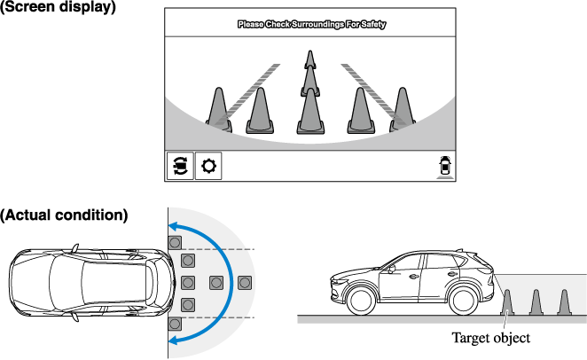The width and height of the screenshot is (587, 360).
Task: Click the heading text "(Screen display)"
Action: point(58,7)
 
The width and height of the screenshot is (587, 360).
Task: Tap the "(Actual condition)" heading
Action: point(64,215)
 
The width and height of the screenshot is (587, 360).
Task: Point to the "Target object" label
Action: point(490,338)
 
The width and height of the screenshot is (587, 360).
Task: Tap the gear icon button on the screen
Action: point(209,166)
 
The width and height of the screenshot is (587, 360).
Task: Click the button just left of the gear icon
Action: point(180,166)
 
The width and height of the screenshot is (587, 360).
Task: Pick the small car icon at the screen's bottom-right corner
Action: point(443,166)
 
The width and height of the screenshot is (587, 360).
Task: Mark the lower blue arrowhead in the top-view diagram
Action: point(178,340)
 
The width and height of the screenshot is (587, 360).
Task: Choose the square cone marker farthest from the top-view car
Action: point(245,283)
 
